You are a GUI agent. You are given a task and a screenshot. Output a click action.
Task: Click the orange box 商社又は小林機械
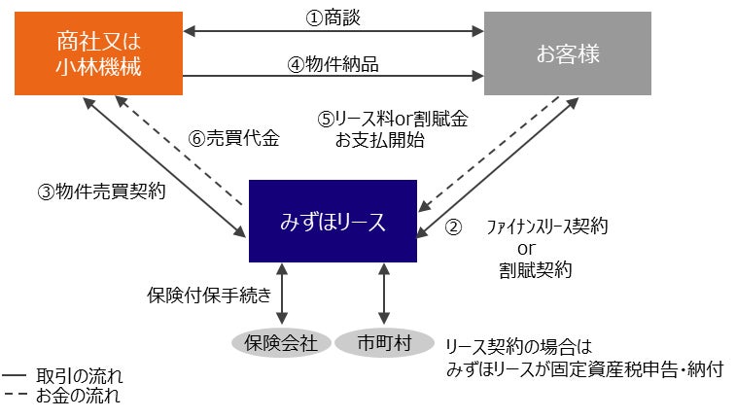pos(98,53)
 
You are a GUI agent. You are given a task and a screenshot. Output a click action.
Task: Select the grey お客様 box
pos(567,53)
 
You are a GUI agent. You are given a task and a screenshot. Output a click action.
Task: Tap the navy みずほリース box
pos(333,222)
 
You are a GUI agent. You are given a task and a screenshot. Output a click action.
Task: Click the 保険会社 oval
pos(282,342)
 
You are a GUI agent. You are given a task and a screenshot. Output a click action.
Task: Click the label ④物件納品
pos(333,64)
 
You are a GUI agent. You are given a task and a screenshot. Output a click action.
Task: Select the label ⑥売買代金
pos(233,138)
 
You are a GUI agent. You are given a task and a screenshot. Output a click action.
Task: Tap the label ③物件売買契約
pos(101,192)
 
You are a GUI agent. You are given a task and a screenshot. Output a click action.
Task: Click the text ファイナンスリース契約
pos(547,227)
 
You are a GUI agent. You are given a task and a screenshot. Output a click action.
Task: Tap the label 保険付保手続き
pos(215,293)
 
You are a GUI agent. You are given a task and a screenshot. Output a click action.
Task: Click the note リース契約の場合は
pos(517,347)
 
